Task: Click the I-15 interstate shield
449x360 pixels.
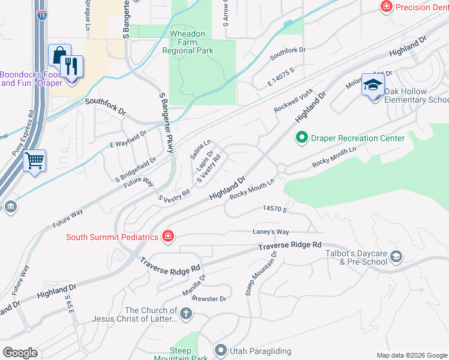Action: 40,16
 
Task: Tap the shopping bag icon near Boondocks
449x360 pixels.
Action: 59,56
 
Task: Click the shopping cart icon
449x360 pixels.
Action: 34,160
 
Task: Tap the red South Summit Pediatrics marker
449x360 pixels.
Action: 169,236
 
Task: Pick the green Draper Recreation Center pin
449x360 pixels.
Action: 303,138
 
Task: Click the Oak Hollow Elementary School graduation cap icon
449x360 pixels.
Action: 373,86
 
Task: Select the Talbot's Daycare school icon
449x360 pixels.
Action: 396,257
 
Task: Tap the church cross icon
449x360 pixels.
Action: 186,314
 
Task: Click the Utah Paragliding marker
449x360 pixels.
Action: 221,349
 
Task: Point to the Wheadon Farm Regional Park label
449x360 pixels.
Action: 188,43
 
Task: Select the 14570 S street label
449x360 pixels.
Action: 275,208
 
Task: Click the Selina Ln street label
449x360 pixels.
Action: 200,149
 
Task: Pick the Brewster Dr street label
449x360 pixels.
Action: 209,299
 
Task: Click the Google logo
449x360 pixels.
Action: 20,352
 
